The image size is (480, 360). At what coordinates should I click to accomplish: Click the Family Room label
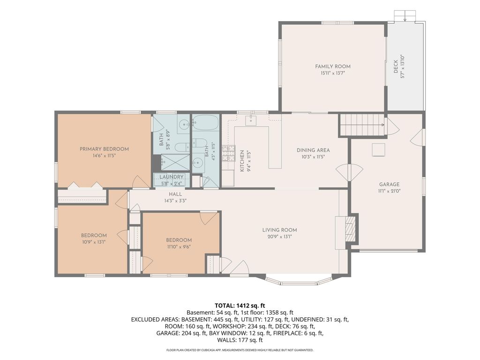333,67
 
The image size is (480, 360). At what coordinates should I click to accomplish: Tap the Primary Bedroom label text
104,149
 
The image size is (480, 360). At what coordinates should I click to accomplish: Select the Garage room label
389,184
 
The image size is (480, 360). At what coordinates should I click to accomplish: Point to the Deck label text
396,67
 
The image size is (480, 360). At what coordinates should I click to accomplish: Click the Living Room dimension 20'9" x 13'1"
279,236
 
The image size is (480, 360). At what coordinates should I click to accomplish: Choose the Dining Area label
313,150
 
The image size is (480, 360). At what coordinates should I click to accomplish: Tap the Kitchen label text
242,161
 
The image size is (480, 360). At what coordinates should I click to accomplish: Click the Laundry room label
172,177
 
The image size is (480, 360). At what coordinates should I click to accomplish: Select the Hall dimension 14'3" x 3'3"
175,201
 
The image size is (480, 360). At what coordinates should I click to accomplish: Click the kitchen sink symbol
251,120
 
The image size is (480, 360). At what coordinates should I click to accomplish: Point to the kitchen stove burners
228,153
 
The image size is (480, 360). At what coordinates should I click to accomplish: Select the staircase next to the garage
362,125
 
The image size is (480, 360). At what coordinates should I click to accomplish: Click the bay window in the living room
299,280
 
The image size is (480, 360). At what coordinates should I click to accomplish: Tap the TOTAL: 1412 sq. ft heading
240,306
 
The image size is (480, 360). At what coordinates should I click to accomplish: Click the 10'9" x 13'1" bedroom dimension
94,242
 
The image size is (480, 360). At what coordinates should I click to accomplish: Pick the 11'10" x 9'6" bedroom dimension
179,247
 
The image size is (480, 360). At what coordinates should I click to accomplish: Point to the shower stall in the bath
175,162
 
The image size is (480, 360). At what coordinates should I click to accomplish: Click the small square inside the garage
378,150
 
